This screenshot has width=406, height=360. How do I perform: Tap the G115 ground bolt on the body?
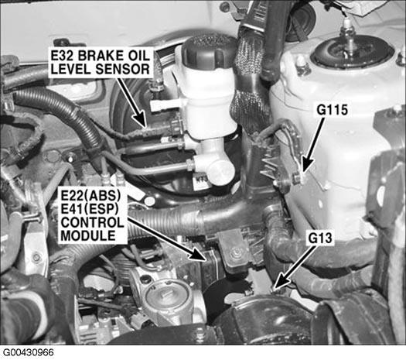(x=299, y=177)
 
